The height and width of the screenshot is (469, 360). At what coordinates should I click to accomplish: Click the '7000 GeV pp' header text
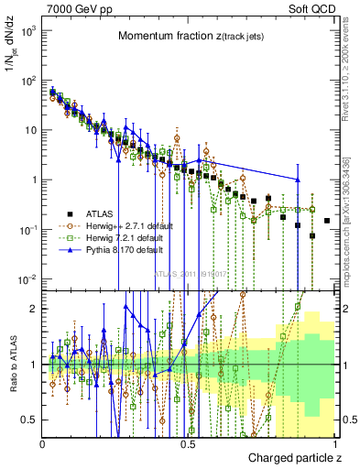[x=73, y=10]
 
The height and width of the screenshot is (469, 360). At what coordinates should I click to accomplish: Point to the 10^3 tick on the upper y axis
[x=30, y=31]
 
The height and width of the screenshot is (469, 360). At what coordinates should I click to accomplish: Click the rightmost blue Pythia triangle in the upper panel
[x=298, y=180]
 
